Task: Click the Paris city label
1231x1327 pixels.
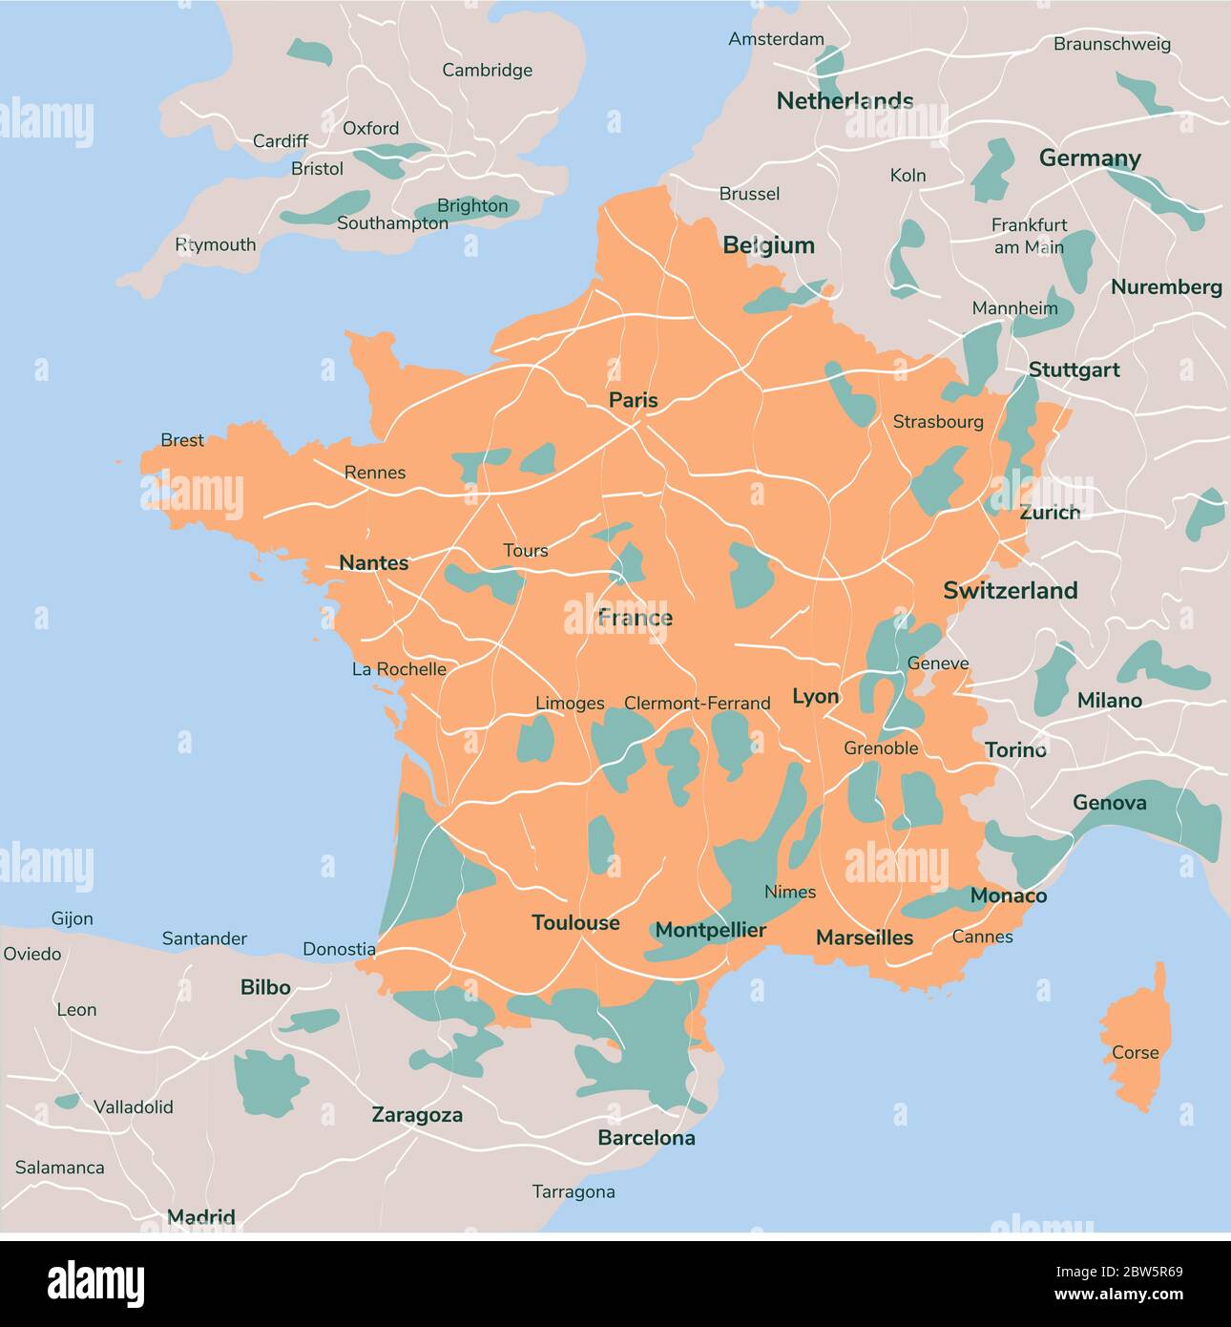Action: tap(634, 400)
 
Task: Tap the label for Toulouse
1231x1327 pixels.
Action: tap(575, 922)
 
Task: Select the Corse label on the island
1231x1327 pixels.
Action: tap(1135, 1052)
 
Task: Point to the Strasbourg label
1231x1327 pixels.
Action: tap(937, 421)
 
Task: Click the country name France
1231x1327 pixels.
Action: tap(635, 618)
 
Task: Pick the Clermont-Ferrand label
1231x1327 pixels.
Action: tap(697, 703)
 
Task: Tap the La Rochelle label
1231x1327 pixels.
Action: tap(399, 668)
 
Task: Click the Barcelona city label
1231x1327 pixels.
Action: tap(646, 1137)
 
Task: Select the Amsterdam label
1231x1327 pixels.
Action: tap(776, 39)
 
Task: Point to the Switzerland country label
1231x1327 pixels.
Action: tap(1010, 590)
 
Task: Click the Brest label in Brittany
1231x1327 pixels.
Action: tap(181, 440)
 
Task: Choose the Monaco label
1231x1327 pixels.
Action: tap(1008, 895)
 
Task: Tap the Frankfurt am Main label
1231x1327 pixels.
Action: tap(1029, 236)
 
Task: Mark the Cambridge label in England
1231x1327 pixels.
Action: tap(487, 70)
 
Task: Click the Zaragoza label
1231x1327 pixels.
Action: tap(417, 1114)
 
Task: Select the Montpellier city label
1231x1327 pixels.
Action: tap(710, 930)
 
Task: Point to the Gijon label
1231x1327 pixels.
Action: tap(72, 918)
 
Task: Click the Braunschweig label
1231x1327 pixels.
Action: tap(1112, 44)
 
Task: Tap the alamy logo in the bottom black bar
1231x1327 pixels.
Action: tap(95, 1282)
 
